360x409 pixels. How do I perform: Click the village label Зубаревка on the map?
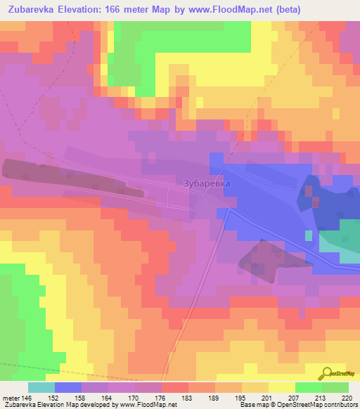point(206,183)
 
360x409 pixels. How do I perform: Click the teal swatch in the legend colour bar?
point(41,387)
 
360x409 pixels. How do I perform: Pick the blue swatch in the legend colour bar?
point(68,387)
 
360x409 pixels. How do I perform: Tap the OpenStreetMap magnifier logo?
point(326,373)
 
